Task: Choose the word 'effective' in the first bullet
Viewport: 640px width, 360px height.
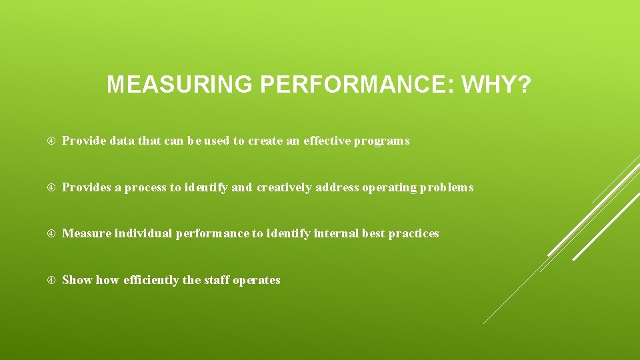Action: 327,141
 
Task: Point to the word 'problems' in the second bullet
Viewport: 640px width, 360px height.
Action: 446,188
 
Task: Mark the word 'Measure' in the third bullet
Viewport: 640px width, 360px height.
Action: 87,234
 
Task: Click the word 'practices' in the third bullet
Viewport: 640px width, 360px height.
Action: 413,234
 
